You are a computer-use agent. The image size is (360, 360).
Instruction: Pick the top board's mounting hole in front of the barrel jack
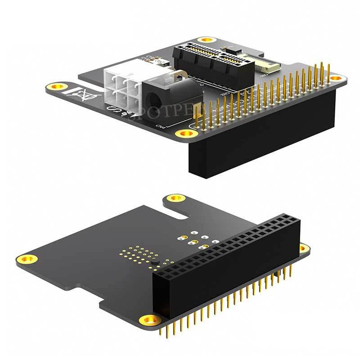(x=183, y=133)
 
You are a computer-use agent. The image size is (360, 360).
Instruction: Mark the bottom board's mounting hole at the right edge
(x=304, y=247)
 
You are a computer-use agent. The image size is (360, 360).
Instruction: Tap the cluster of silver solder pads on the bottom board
(x=193, y=239)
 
